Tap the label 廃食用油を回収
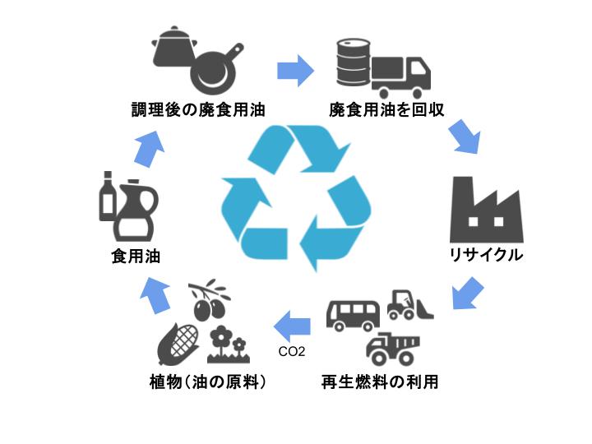click(x=386, y=109)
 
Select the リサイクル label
click(x=486, y=256)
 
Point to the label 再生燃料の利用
click(x=379, y=382)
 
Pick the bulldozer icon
click(x=410, y=305)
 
